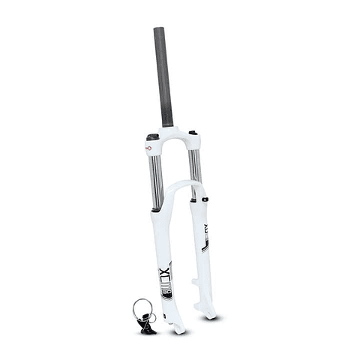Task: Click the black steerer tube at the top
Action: [x=163, y=75]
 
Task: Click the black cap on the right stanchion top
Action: [x=193, y=133]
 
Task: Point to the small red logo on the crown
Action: [x=147, y=148]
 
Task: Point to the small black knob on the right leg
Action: [x=201, y=200]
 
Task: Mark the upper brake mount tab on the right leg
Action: [x=196, y=283]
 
